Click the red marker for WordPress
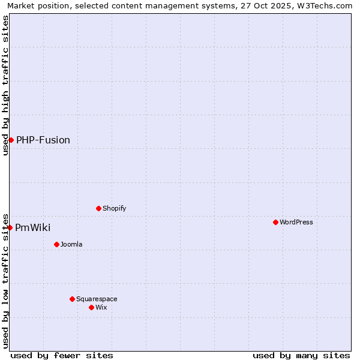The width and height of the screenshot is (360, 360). [275, 222]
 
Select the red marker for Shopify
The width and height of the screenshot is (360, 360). [98, 208]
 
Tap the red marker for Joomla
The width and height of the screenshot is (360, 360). [56, 244]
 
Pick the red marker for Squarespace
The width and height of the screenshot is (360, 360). [72, 299]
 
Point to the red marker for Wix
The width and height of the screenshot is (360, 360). [91, 307]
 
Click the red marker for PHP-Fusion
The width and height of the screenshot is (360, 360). [11, 140]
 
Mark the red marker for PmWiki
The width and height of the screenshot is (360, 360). [10, 227]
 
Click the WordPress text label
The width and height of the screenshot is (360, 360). [296, 222]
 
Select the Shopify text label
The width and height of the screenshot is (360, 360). [115, 208]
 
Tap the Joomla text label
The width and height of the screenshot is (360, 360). [71, 244]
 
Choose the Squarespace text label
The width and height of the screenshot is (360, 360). [97, 299]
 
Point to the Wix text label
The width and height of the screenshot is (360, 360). [101, 307]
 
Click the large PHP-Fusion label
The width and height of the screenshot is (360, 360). [43, 140]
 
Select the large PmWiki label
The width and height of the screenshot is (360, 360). [33, 228]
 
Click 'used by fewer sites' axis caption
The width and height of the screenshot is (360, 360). [62, 355]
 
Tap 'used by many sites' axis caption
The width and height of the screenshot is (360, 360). [301, 355]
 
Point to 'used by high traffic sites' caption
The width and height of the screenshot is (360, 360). [5, 85]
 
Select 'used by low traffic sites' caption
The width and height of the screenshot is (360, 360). [5, 280]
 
